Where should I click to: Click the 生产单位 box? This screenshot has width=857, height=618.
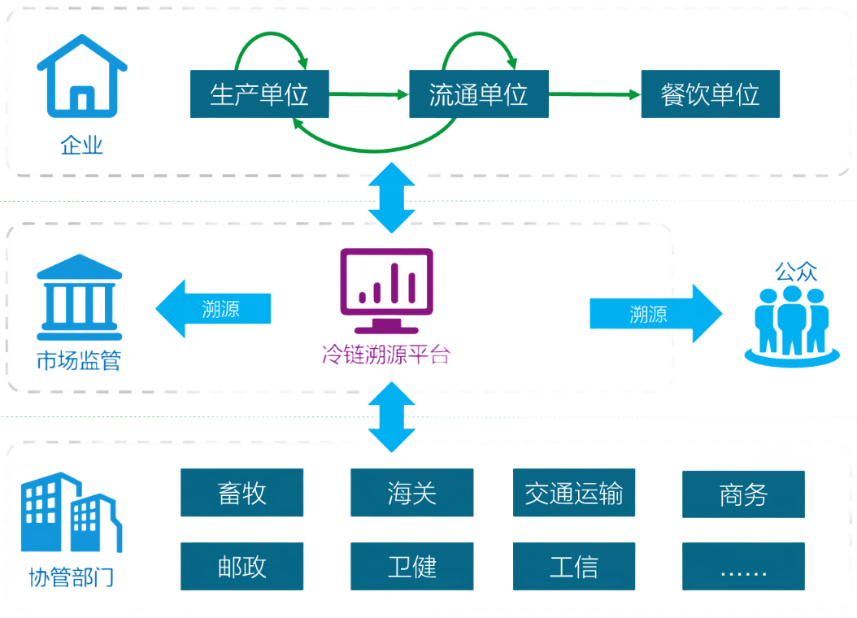pyautogui.click(x=259, y=94)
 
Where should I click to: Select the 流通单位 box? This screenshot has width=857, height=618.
pyautogui.click(x=478, y=94)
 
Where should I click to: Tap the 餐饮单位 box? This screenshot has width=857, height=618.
pyautogui.click(x=711, y=94)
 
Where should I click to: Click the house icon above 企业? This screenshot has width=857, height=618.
pyautogui.click(x=82, y=74)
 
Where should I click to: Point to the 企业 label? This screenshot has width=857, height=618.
pyautogui.click(x=82, y=146)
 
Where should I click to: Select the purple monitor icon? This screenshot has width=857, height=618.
pyautogui.click(x=386, y=289)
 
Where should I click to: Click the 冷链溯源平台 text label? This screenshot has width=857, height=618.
pyautogui.click(x=385, y=355)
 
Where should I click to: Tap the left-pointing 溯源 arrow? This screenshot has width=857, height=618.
pyautogui.click(x=213, y=309)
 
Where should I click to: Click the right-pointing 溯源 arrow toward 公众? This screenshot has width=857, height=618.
pyautogui.click(x=655, y=314)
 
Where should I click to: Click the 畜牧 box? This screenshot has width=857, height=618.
pyautogui.click(x=241, y=493)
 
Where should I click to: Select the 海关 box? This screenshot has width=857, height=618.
pyautogui.click(x=412, y=493)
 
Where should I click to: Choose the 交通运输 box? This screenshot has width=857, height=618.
pyautogui.click(x=574, y=493)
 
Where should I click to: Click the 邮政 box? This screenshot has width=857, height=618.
pyautogui.click(x=241, y=567)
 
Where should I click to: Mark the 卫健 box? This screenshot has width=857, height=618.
pyautogui.click(x=412, y=567)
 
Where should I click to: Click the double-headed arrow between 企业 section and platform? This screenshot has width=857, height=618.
pyautogui.click(x=393, y=198)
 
